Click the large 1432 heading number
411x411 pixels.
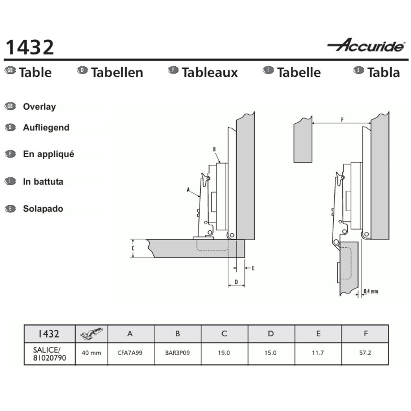(30, 47)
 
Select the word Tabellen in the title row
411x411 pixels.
(117, 73)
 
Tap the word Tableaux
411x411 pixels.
(210, 73)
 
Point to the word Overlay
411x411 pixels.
(39, 107)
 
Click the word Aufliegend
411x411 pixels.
(46, 127)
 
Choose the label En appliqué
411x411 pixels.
(49, 154)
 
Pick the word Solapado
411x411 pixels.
(43, 209)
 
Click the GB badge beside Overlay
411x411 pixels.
(10, 106)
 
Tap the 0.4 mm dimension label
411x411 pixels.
(371, 291)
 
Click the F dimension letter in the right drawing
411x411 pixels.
(342, 120)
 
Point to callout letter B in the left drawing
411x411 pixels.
(214, 149)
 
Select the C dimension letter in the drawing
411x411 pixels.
(133, 248)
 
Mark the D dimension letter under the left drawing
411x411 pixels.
(236, 282)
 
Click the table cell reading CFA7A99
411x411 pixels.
(130, 353)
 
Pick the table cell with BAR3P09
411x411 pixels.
(177, 353)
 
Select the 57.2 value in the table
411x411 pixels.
(365, 353)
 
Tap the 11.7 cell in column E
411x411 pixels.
(318, 353)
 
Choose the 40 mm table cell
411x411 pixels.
(91, 353)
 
